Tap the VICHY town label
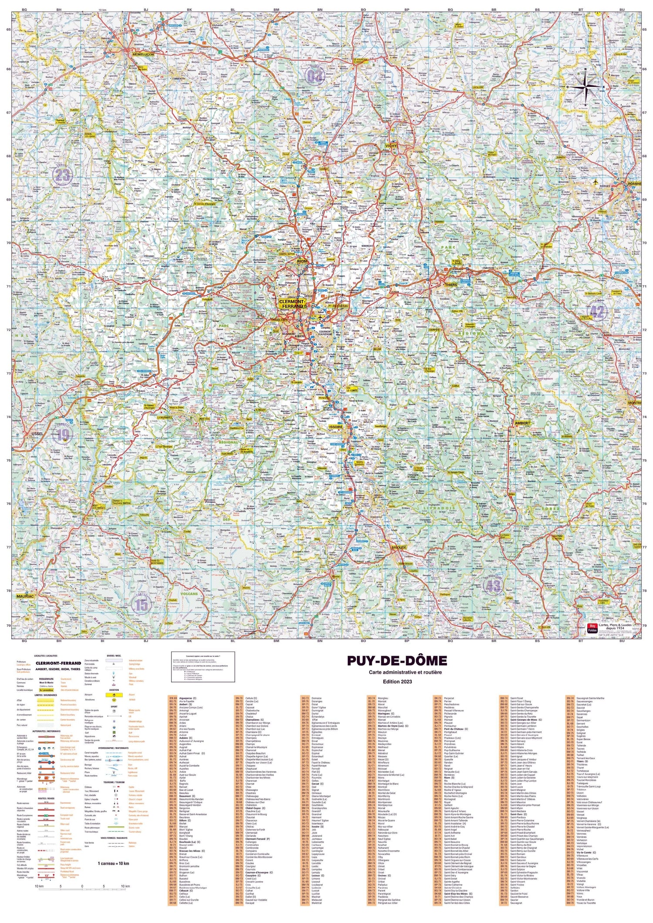(390, 146)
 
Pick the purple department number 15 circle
(141, 605)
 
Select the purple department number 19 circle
(63, 434)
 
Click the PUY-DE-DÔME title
(397, 661)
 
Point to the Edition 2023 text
(397, 681)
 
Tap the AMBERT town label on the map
(522, 423)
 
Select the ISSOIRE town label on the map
(336, 427)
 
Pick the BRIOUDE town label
(398, 547)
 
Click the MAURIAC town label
(25, 596)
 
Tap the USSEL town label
(37, 434)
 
